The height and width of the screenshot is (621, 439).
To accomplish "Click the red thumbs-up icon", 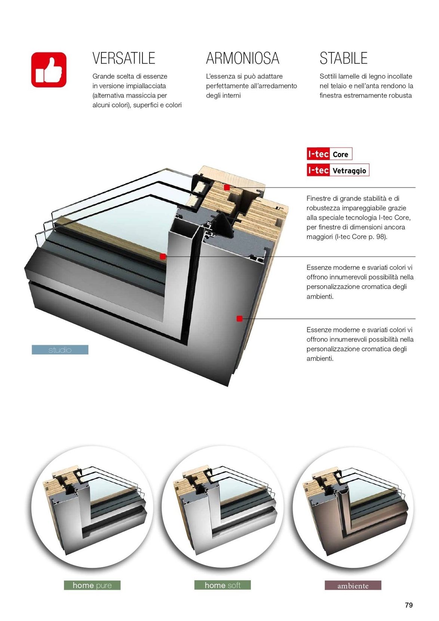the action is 49,70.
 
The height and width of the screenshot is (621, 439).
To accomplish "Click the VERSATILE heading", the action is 124,58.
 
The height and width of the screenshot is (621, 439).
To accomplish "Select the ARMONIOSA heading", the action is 243,58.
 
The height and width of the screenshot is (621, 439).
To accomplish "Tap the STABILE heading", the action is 343,58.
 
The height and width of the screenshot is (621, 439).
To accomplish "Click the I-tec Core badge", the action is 329,154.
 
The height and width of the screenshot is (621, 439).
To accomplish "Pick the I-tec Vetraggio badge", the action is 338,170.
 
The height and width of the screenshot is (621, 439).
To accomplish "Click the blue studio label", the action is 60,349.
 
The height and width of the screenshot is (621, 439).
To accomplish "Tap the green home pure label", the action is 92,585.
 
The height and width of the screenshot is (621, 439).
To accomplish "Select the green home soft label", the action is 222,585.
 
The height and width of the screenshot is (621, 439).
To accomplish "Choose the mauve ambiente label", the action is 353,585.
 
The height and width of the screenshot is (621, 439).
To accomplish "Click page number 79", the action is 409,605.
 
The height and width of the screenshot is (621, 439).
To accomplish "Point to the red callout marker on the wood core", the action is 227,188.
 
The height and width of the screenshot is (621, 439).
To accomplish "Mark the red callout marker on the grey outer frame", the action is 240,319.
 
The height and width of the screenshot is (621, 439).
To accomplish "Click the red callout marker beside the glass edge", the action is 163,257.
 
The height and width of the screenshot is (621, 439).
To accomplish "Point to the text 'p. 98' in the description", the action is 377,237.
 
